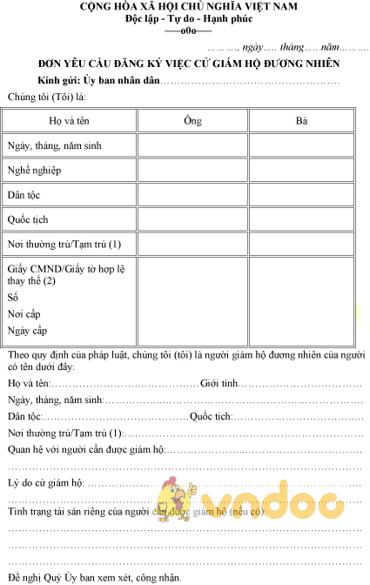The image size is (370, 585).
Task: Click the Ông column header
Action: [x=193, y=120]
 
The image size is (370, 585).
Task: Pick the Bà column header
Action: [x=301, y=120]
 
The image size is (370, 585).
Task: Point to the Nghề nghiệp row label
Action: [x=34, y=171]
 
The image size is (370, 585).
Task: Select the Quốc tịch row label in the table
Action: [x=28, y=219]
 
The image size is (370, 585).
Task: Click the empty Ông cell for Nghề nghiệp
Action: [x=193, y=170]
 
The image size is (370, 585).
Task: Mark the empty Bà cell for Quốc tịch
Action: [x=301, y=219]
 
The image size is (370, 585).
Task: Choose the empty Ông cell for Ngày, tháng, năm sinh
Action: [x=193, y=145]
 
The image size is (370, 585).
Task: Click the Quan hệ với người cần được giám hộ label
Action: [x=85, y=449]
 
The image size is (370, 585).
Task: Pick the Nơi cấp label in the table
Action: [x=24, y=313]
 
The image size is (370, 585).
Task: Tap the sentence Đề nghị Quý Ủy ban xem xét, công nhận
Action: [x=95, y=577]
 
